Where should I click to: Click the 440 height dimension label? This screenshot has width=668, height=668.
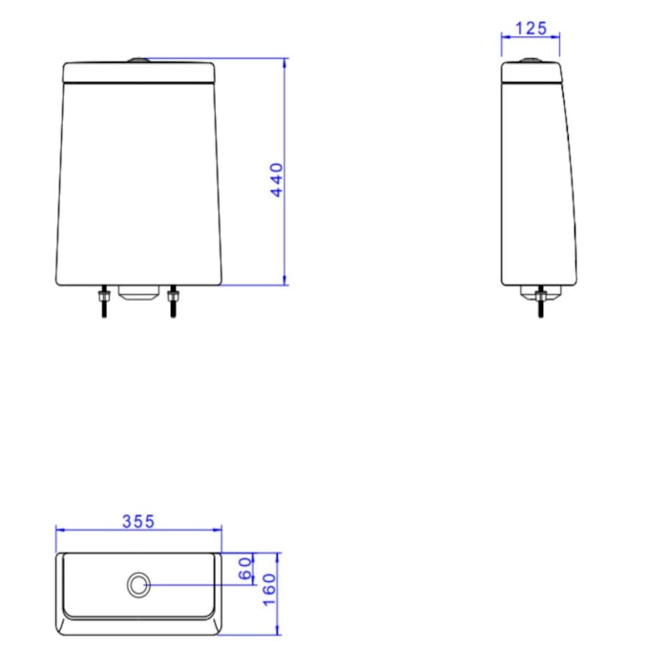click(277, 179)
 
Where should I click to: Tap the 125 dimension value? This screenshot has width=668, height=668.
click(531, 28)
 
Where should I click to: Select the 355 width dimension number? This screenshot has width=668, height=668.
click(138, 521)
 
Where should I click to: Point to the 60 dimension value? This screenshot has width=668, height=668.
click(246, 569)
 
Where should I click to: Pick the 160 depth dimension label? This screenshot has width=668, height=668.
click(269, 590)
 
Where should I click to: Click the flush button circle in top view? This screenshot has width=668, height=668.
click(139, 584)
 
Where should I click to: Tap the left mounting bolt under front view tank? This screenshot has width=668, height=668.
click(103, 302)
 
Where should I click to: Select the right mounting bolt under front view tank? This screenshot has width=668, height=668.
click(173, 302)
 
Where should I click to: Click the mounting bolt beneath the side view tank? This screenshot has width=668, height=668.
click(541, 303)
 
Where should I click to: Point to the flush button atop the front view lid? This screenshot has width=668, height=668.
click(138, 60)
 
